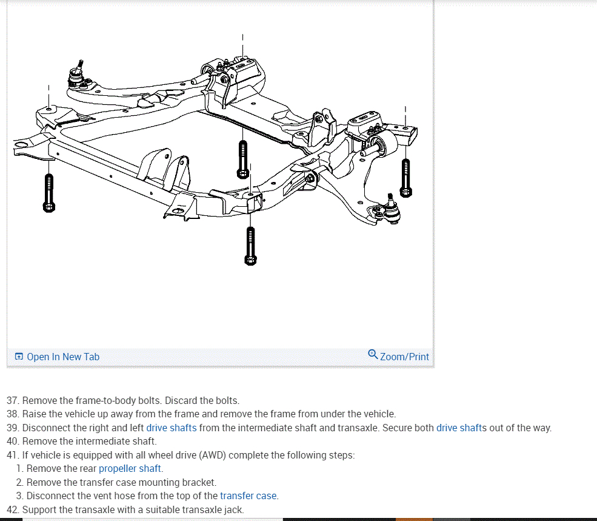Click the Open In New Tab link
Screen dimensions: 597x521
62,357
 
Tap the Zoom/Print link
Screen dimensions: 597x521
404,357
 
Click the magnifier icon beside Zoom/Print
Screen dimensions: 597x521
373,354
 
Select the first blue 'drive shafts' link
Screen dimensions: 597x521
172,428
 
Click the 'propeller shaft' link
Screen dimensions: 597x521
130,468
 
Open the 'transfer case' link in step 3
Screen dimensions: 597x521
248,496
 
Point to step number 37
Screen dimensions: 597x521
13,400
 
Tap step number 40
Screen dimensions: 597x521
13,441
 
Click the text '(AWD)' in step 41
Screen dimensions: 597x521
213,455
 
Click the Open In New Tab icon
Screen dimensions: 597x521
19,357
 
